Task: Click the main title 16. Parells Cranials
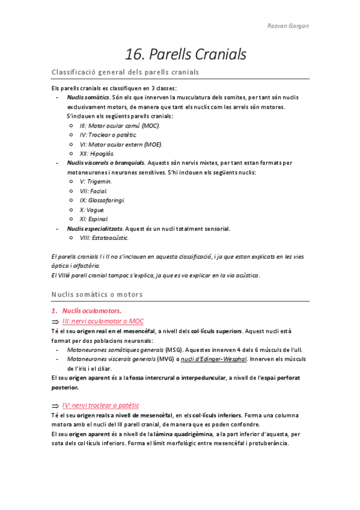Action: [186, 54]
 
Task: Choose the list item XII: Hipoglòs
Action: [96, 153]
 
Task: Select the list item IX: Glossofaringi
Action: [102, 200]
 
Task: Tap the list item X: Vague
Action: [92, 209]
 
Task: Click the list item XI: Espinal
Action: [94, 219]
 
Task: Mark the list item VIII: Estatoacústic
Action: [104, 238]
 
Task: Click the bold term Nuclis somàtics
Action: [88, 97]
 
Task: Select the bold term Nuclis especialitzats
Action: [95, 228]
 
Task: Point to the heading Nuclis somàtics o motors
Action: [97, 294]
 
